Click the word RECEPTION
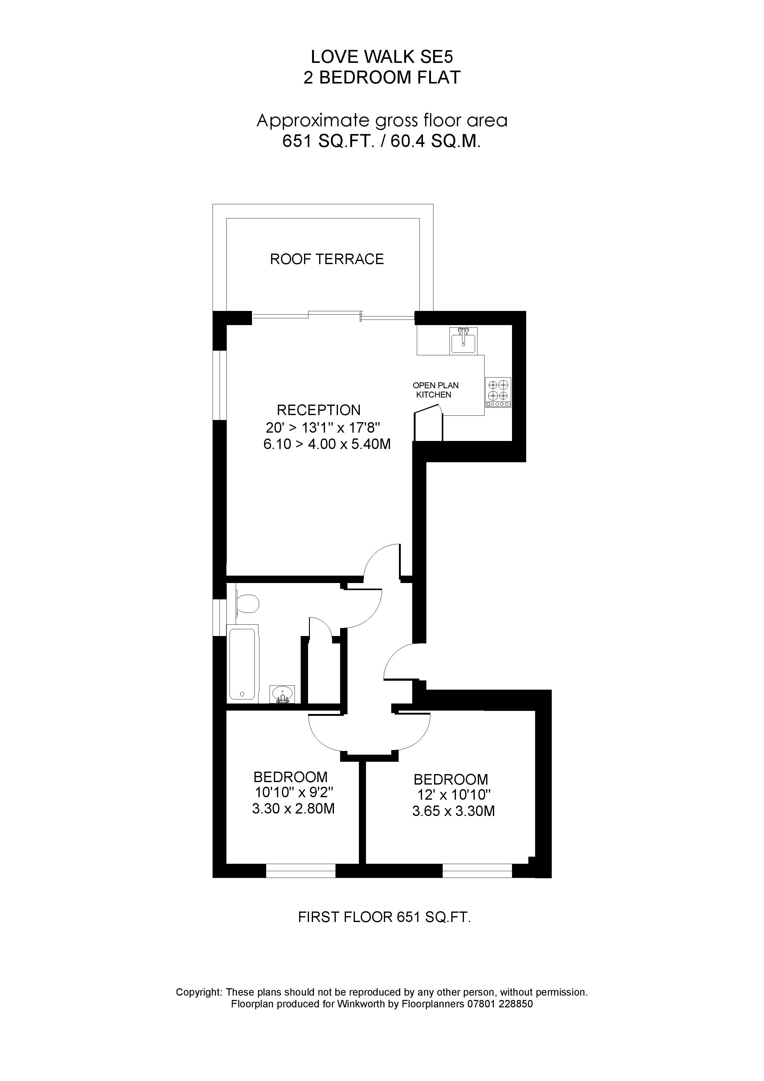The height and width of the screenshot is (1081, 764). point(318,410)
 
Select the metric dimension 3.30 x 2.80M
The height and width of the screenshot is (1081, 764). point(293,809)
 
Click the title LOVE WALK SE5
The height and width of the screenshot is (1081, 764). point(381,57)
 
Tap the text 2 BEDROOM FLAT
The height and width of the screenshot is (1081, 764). point(381,78)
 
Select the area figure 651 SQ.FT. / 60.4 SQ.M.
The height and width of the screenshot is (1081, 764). point(381,141)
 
